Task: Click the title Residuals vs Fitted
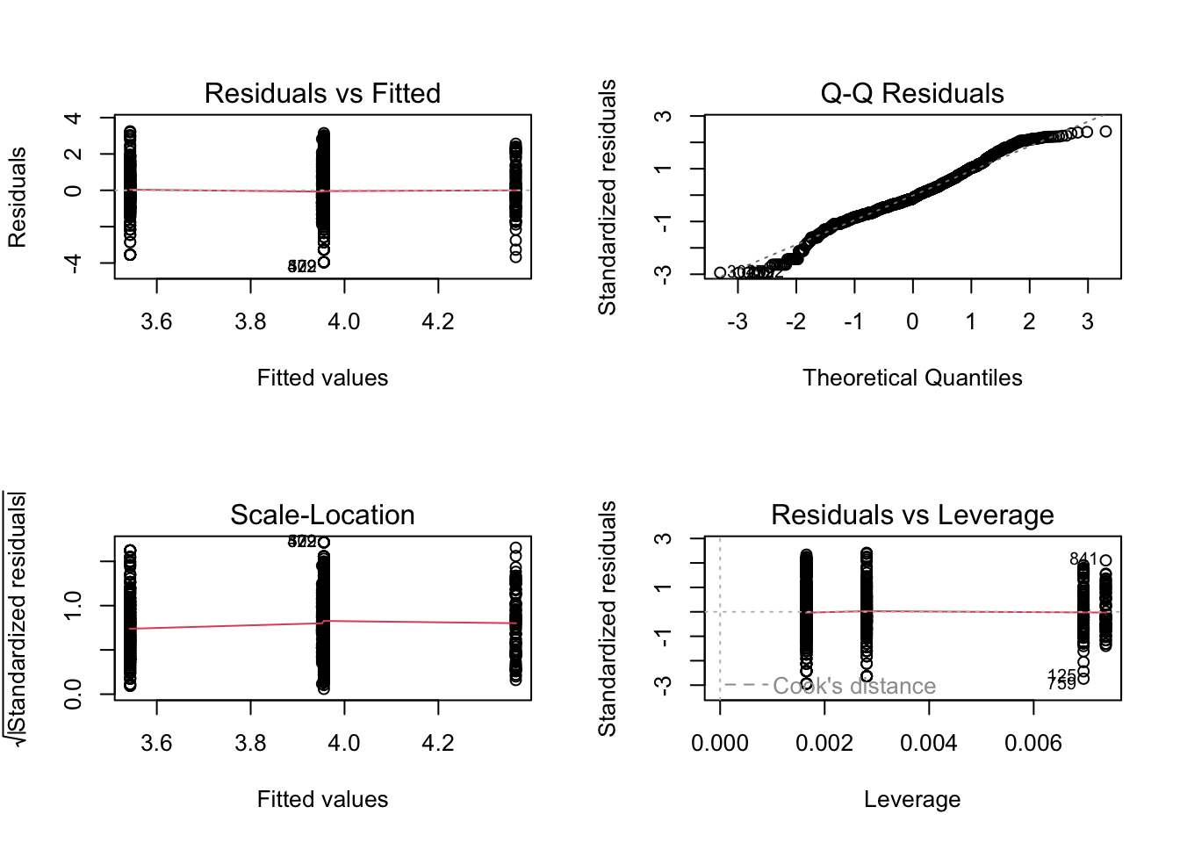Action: (x=322, y=93)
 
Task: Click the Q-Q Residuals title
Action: (x=911, y=93)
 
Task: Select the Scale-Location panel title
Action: (x=322, y=515)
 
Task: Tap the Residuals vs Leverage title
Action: (x=911, y=515)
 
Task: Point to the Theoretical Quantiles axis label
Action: (x=911, y=378)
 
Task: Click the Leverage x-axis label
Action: (x=911, y=799)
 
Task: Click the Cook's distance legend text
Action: (x=853, y=686)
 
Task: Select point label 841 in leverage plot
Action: (x=1082, y=559)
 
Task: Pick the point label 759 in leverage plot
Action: (x=1061, y=684)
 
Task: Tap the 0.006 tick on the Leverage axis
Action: (x=1032, y=743)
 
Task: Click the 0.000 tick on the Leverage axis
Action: (x=720, y=743)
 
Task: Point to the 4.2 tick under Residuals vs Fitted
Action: (x=437, y=321)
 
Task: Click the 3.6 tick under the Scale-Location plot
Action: (x=156, y=743)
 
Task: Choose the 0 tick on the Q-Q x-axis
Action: (x=912, y=321)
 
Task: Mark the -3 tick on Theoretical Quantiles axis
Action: (x=737, y=321)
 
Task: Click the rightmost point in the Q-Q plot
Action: (x=1105, y=132)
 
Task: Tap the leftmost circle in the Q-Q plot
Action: (x=720, y=273)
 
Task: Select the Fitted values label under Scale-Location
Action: (x=322, y=799)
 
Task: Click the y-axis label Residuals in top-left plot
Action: (x=18, y=197)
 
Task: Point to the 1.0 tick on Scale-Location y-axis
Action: (x=74, y=605)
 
